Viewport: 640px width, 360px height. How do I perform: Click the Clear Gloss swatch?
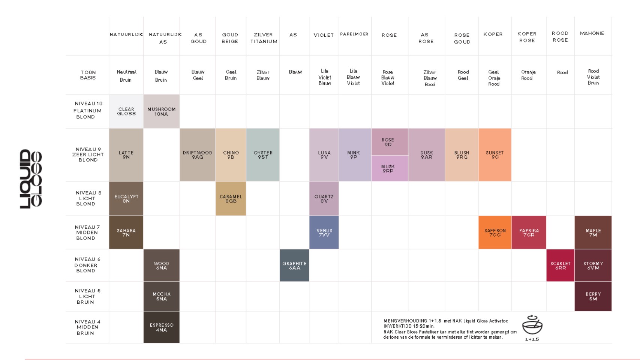(x=126, y=111)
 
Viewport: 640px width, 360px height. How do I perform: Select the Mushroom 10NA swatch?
(x=161, y=111)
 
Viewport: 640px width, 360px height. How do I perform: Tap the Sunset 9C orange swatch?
(x=495, y=155)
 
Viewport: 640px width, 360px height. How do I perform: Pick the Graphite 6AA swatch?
(x=294, y=265)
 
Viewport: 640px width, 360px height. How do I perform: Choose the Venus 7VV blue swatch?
(x=324, y=232)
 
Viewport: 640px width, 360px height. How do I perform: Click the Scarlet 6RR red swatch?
(x=560, y=265)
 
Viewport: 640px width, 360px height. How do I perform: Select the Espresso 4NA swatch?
(x=161, y=327)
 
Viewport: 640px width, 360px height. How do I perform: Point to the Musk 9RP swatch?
(x=390, y=168)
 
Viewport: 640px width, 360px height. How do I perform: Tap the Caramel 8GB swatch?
(x=231, y=198)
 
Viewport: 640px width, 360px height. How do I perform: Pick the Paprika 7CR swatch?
(x=529, y=232)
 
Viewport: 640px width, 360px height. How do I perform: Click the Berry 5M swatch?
(x=593, y=296)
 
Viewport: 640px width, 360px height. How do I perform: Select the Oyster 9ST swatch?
(x=263, y=155)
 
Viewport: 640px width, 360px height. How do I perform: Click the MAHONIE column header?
(x=592, y=33)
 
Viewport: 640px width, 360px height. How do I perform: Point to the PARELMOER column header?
(x=354, y=34)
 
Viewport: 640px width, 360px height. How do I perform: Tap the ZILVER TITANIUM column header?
(x=264, y=38)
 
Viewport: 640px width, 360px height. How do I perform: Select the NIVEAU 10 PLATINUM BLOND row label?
(x=87, y=110)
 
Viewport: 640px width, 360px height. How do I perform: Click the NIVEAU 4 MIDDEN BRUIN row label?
(x=87, y=327)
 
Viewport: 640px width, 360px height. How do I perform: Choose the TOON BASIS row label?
(x=88, y=75)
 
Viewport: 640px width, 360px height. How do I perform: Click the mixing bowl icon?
(x=532, y=325)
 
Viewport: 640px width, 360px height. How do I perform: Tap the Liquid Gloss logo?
(x=31, y=178)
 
